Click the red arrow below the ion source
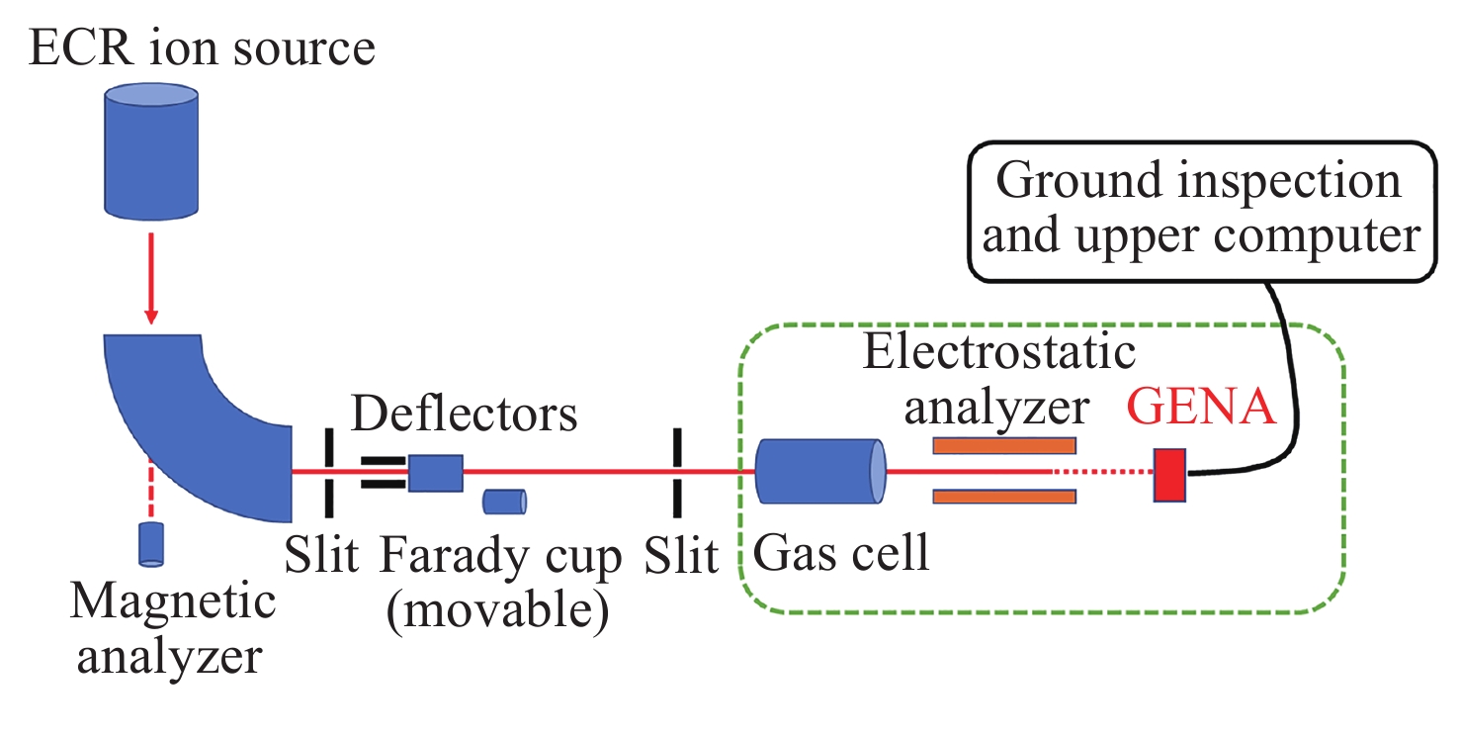151,276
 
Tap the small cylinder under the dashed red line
151,543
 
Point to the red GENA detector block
1170,475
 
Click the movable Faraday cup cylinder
504,502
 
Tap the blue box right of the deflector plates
436,473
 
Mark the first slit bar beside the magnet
327,473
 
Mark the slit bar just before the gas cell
678,473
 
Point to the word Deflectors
465,413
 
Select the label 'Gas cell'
841,554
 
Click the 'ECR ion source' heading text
202,46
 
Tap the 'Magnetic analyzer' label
170,628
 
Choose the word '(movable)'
496,612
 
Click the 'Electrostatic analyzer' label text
999,379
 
